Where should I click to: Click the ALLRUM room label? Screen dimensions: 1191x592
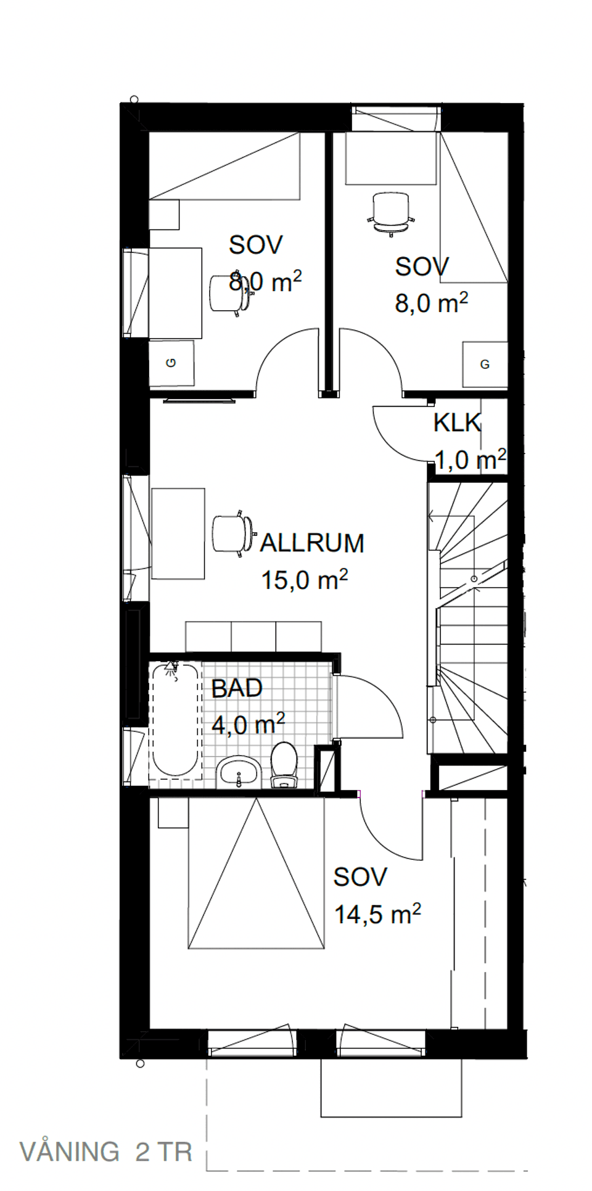tap(312, 543)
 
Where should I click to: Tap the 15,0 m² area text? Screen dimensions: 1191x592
tap(305, 580)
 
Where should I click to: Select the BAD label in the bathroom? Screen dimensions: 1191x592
tap(237, 688)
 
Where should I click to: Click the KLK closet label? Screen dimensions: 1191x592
tap(457, 423)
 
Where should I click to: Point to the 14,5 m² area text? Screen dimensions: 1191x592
tap(377, 913)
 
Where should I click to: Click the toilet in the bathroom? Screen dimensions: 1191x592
tap(284, 765)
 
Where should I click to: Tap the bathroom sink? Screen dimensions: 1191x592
tap(238, 772)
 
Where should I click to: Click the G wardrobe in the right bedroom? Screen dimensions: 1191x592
tap(485, 365)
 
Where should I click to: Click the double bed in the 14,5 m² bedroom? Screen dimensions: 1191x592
tap(256, 872)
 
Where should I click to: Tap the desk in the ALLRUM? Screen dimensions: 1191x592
tap(178, 534)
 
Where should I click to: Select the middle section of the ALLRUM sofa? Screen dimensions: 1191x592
tap(253, 637)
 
